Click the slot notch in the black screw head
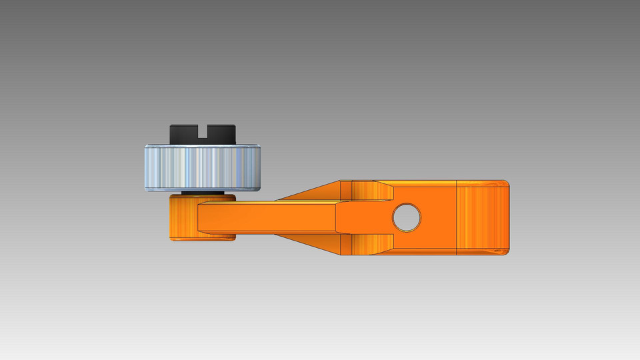[203, 135]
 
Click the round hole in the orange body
[407, 217]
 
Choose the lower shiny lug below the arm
[370, 244]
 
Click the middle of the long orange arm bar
[267, 217]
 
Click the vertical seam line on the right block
[456, 217]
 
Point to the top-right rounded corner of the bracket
[505, 183]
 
